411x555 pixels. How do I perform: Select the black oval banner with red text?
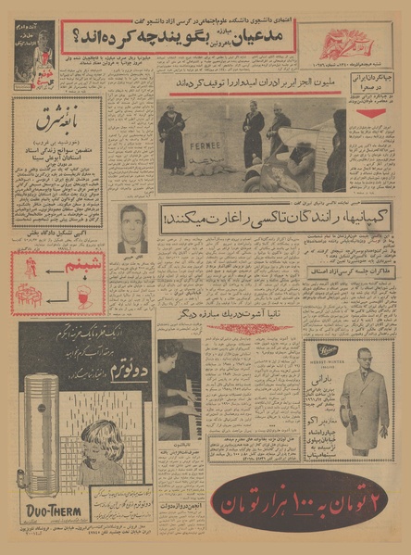[302, 503]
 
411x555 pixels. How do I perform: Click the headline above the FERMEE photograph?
[250, 85]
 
